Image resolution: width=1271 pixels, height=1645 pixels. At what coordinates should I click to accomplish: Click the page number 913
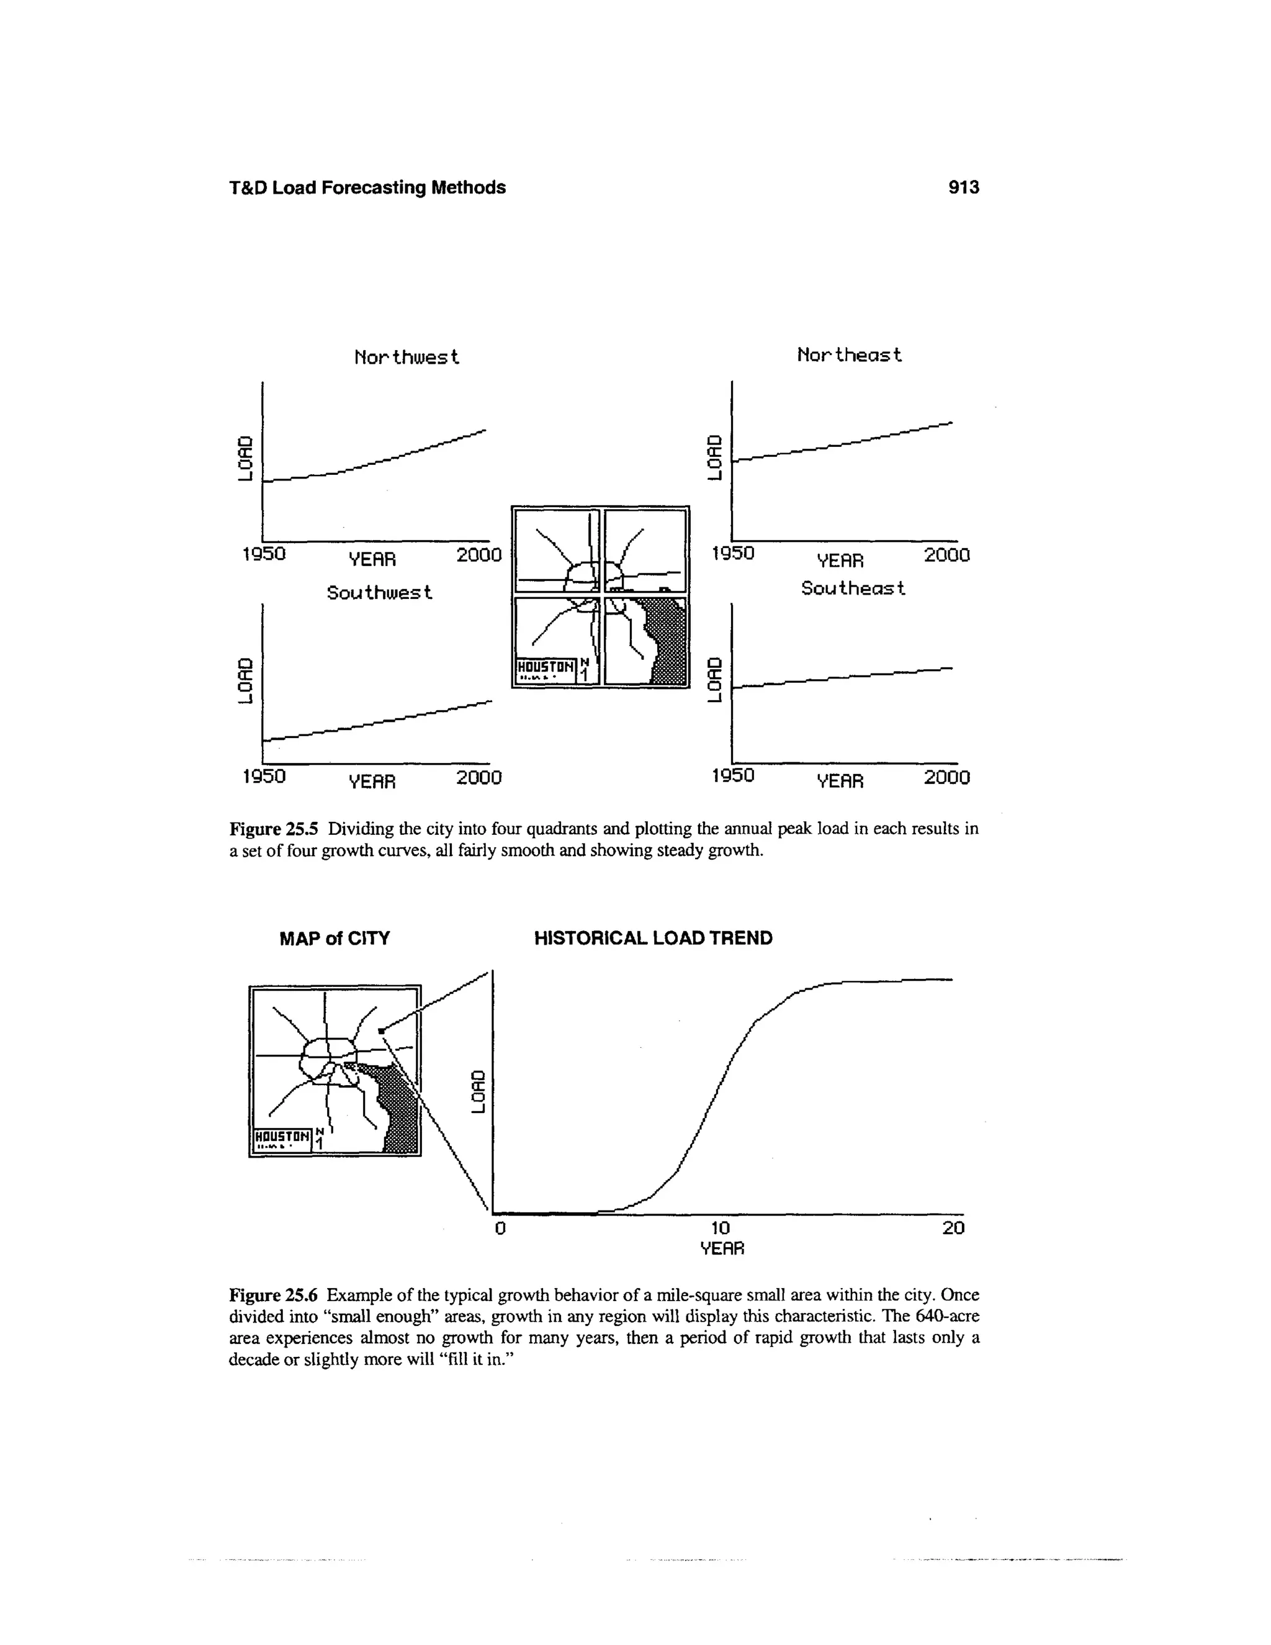pos(964,187)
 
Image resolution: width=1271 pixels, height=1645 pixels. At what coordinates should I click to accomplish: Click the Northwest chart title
pos(406,357)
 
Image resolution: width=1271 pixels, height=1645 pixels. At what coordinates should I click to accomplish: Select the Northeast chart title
pos(850,354)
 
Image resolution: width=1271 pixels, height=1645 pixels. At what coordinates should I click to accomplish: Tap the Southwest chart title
pos(379,593)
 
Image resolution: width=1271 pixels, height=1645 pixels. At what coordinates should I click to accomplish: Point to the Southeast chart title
pos(852,588)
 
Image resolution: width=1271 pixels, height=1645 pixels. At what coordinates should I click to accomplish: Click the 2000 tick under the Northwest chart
pos(479,555)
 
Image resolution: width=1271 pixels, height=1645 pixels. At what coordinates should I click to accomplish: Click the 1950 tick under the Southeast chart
pos(733,775)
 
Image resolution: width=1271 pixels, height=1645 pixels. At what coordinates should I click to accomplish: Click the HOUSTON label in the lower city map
pos(282,1136)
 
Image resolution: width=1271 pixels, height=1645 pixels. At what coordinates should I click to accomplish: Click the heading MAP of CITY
pos(335,939)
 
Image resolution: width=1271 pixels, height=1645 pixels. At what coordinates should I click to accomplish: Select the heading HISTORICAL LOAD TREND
pos(653,939)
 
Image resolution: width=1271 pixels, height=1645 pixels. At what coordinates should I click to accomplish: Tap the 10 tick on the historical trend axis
pos(721,1228)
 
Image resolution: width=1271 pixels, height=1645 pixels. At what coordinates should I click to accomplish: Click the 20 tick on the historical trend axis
pos(953,1228)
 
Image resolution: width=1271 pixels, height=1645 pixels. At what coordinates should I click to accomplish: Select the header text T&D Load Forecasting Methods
pos(367,187)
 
